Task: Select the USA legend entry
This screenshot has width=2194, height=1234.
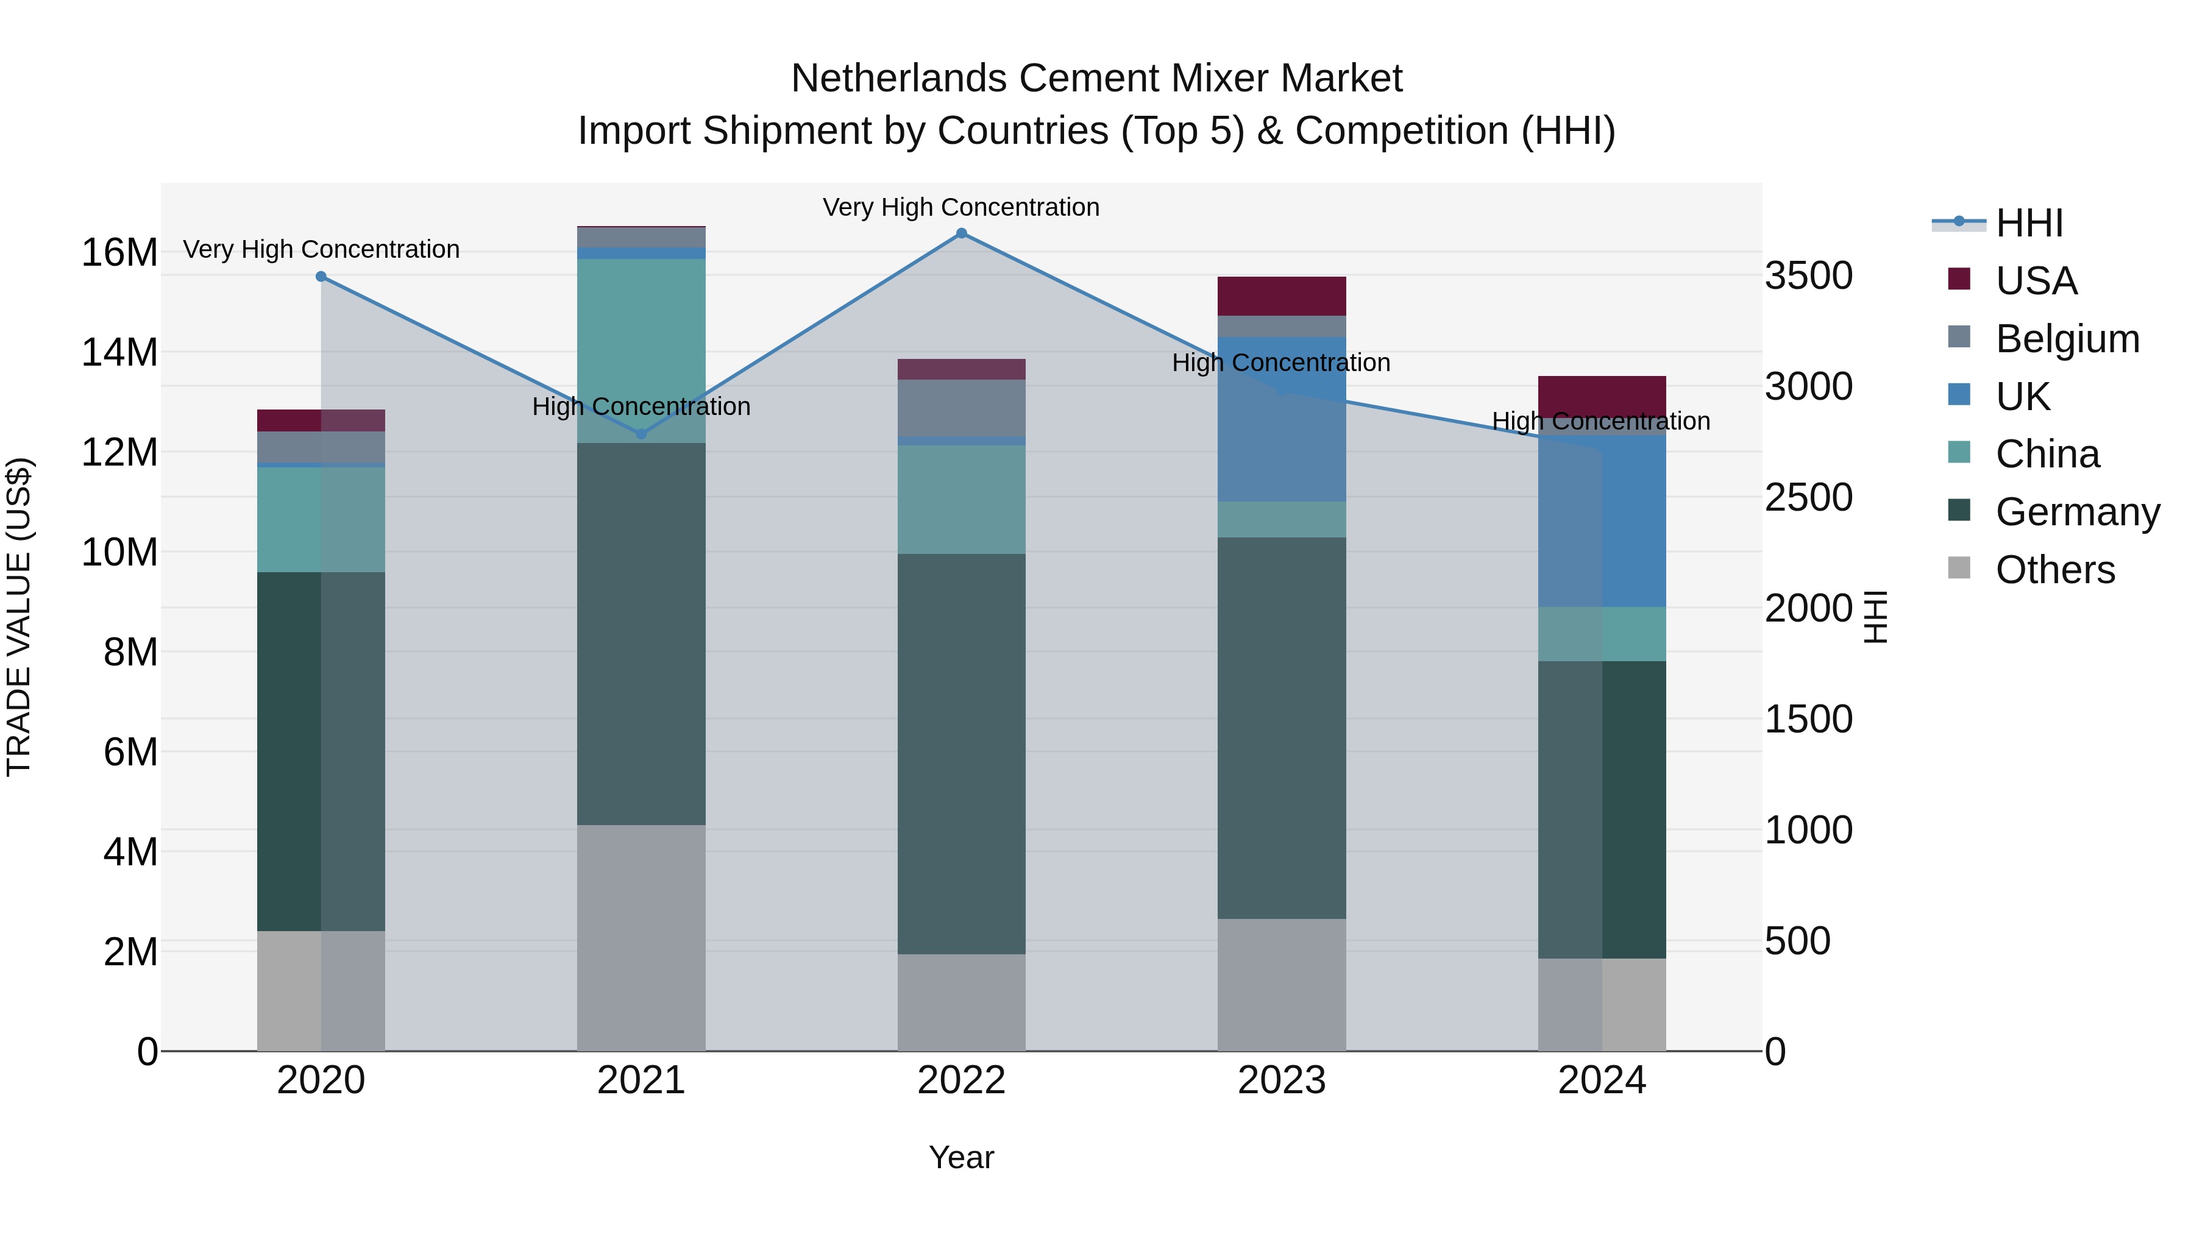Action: (x=2036, y=281)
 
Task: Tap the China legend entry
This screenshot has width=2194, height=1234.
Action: (x=2047, y=454)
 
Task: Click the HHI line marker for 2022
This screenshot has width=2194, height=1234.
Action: (x=962, y=233)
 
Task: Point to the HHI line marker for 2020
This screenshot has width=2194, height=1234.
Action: (x=321, y=277)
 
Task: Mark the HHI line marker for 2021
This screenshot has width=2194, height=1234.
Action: (x=641, y=434)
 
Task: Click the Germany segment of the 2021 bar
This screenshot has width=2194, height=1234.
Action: (x=641, y=634)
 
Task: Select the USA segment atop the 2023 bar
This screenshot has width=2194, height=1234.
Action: (x=1281, y=296)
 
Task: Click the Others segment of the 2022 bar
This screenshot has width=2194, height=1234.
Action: (x=962, y=1002)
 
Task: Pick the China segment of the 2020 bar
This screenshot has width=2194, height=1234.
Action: (x=321, y=519)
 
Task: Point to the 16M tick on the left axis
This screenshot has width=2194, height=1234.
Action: (x=119, y=253)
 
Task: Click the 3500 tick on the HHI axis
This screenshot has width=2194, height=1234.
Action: (x=1808, y=276)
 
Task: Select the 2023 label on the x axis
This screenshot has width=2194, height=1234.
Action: (x=1281, y=1080)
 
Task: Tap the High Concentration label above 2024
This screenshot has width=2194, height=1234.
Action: (x=1600, y=422)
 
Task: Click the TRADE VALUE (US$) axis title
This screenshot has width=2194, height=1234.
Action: (x=19, y=617)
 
